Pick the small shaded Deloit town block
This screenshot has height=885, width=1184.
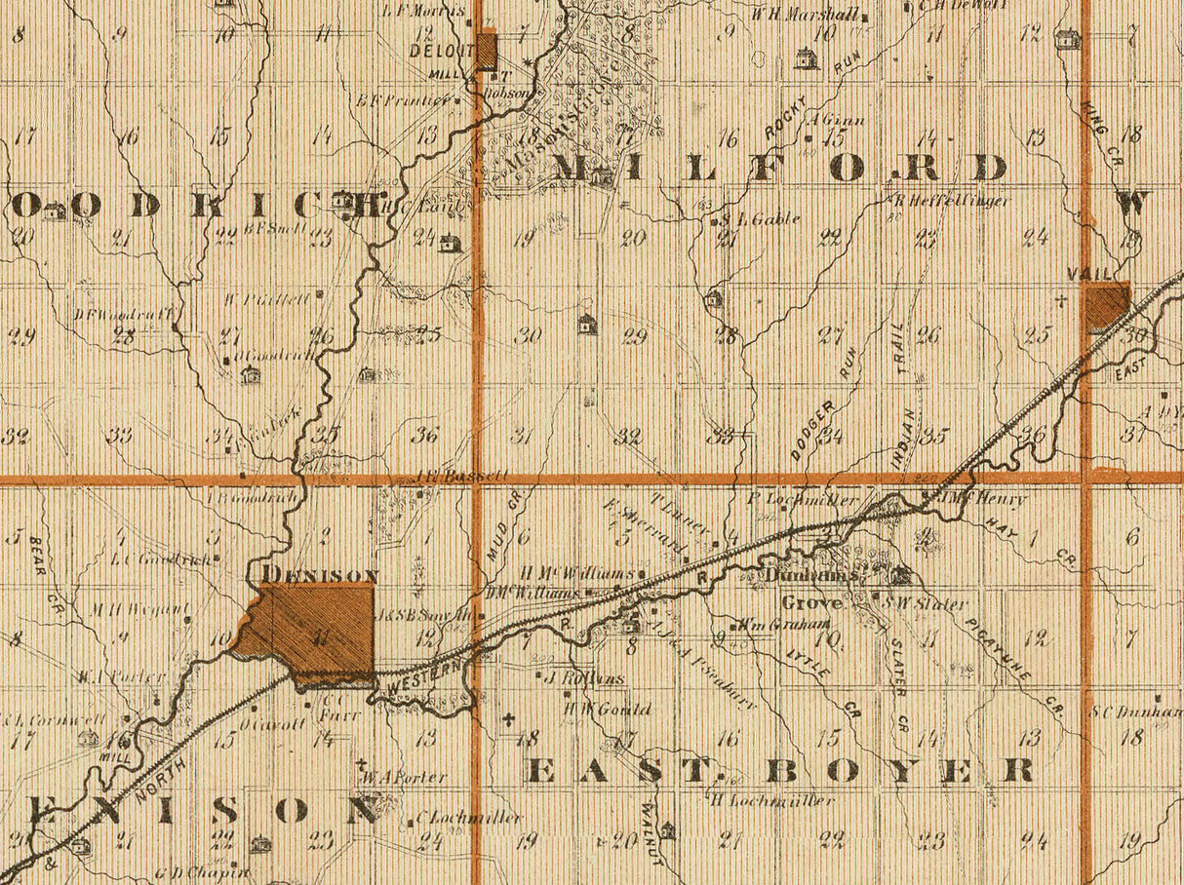[487, 51]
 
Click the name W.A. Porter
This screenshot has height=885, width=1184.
[403, 778]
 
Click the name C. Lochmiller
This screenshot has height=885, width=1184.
[468, 818]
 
